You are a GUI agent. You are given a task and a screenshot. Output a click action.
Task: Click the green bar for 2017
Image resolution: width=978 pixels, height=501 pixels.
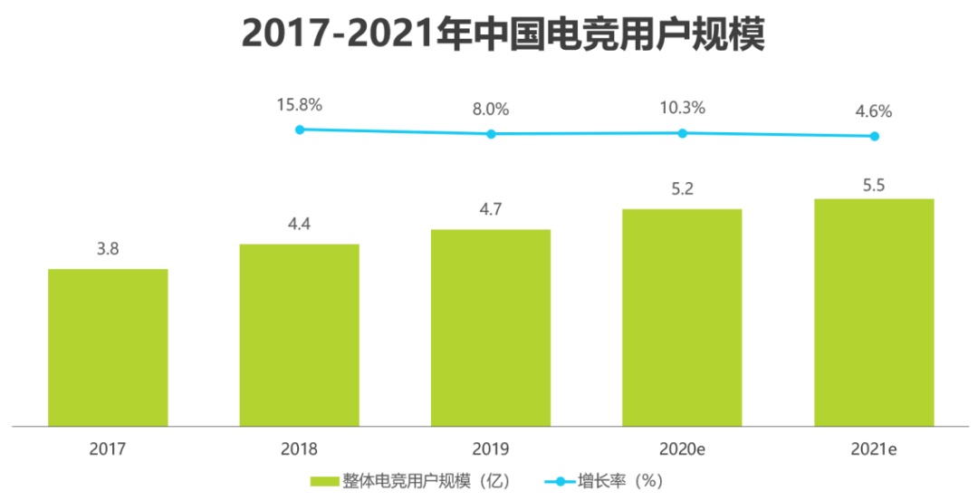[x=108, y=347]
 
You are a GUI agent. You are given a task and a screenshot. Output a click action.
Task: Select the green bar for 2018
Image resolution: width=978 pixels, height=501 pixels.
[x=299, y=334]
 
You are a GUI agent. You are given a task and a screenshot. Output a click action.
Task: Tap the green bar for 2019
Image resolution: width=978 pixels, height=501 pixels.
[x=491, y=327]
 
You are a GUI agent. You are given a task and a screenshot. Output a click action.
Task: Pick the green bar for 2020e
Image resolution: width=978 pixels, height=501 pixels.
[x=682, y=317]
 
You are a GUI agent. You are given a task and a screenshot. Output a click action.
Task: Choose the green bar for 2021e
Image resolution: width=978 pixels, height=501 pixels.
[x=874, y=312]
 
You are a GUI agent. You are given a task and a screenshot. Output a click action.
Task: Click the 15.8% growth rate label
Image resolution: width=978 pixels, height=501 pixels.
[x=300, y=104]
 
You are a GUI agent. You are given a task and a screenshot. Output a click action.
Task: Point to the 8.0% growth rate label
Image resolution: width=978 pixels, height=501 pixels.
[x=491, y=109]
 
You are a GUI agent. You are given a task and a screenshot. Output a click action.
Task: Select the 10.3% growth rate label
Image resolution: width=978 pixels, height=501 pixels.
[x=683, y=108]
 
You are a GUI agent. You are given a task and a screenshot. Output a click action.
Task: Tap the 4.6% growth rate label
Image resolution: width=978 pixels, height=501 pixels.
[x=874, y=111]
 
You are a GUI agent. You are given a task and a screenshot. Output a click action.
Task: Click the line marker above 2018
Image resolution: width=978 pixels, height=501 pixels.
[x=300, y=130]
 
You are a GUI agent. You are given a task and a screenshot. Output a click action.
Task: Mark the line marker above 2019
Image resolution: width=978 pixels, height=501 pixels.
[x=491, y=134]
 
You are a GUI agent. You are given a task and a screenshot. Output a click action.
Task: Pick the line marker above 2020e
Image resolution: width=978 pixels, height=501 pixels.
[x=683, y=133]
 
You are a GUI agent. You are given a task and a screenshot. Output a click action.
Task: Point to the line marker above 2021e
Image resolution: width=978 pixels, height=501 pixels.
[x=874, y=137]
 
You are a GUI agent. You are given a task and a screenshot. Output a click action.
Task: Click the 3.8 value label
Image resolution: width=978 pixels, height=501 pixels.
[x=108, y=249]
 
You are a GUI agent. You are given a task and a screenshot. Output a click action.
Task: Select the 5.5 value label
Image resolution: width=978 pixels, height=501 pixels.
[x=874, y=185]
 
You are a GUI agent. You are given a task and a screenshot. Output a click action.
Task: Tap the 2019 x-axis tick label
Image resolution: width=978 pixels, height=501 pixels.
[x=491, y=448]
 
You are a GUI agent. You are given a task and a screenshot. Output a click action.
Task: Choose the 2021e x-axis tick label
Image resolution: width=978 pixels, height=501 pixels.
[x=874, y=448]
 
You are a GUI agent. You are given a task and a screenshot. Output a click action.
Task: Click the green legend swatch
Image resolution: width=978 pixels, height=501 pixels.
[x=323, y=481]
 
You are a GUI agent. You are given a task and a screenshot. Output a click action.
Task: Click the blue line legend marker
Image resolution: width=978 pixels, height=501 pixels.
[x=558, y=481]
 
